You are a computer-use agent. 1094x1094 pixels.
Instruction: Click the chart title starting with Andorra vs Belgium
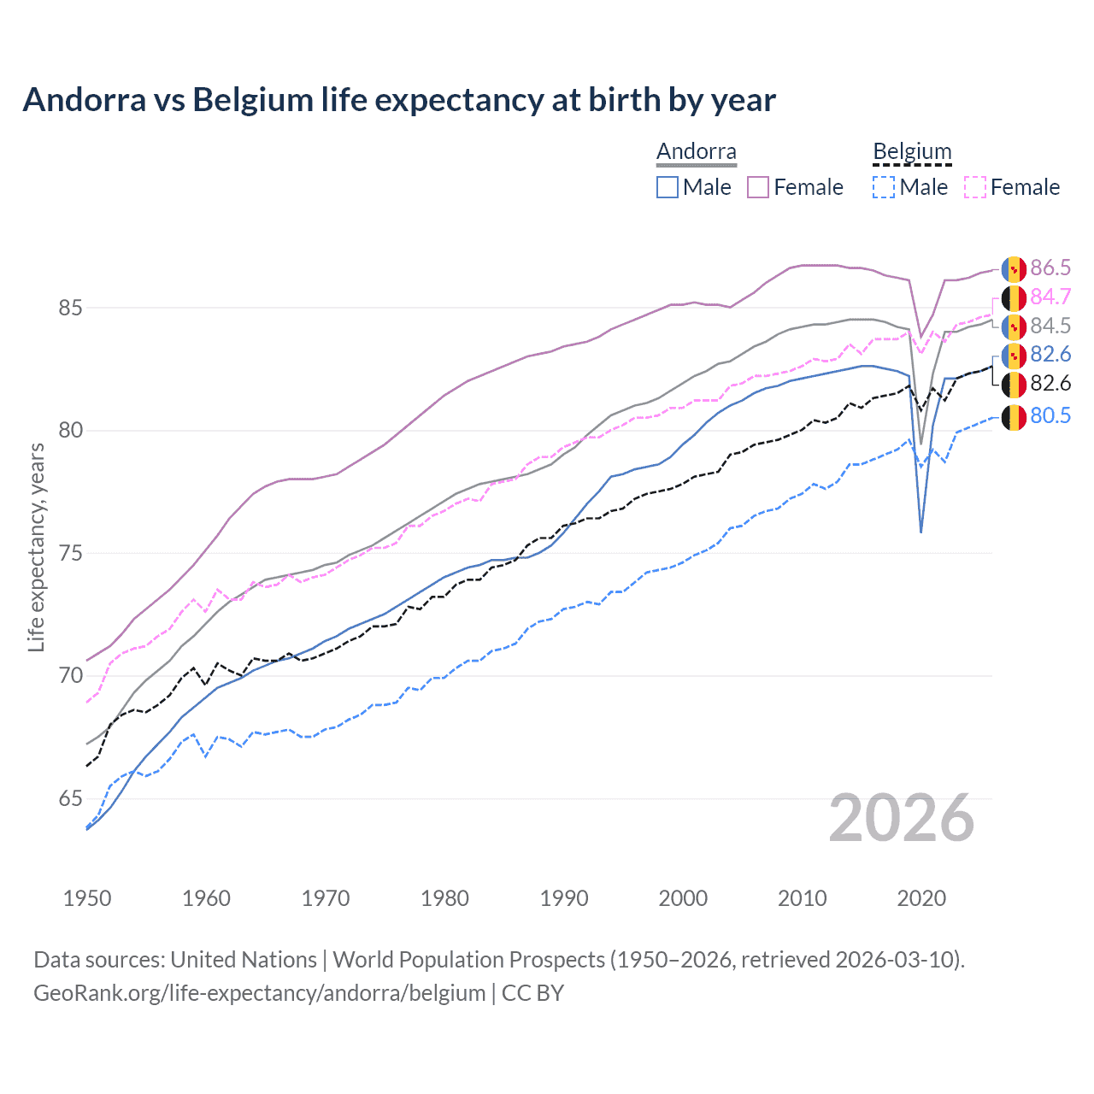click(399, 100)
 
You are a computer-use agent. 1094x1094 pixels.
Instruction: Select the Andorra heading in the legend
click(696, 152)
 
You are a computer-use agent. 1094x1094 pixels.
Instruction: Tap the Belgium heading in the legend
click(912, 152)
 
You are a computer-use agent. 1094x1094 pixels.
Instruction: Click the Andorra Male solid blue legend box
click(668, 187)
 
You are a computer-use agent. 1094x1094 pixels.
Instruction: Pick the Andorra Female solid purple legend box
click(758, 187)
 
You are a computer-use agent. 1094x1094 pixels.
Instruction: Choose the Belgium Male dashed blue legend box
click(884, 187)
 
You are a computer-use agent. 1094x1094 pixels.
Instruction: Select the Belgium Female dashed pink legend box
click(975, 187)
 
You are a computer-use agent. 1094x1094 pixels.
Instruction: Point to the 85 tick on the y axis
click(71, 308)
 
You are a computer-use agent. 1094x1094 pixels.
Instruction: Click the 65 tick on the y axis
click(71, 799)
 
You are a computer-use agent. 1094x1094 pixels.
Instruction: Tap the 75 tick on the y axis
click(71, 553)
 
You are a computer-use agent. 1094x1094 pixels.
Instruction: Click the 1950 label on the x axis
click(87, 898)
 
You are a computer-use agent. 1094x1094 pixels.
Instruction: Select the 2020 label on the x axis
click(921, 898)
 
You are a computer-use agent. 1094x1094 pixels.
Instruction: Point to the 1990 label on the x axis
click(564, 898)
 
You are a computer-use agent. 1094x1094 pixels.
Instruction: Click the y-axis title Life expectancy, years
click(37, 547)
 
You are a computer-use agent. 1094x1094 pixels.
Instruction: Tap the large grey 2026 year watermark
click(902, 818)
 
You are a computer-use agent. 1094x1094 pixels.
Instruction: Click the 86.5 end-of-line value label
click(1050, 268)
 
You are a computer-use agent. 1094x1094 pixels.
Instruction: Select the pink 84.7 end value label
click(1050, 297)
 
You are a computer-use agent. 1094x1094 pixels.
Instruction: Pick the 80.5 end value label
click(1050, 416)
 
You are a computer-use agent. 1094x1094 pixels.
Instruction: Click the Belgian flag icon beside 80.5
click(1014, 417)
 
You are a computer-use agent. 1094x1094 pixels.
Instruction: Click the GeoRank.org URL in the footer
click(259, 993)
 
